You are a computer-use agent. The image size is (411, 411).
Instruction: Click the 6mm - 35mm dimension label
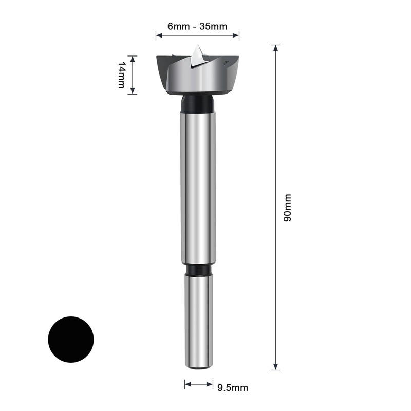197,26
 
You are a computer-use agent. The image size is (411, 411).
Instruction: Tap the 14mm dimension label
121,75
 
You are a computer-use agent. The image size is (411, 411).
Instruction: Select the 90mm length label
287,208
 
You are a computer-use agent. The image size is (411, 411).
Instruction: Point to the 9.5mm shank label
233,388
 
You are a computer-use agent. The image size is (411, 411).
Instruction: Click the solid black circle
71,340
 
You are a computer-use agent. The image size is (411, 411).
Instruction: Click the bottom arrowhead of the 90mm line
275,367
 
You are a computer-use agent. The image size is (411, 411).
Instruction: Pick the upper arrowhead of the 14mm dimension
133,59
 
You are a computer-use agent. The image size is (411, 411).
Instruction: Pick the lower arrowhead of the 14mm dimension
133,90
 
